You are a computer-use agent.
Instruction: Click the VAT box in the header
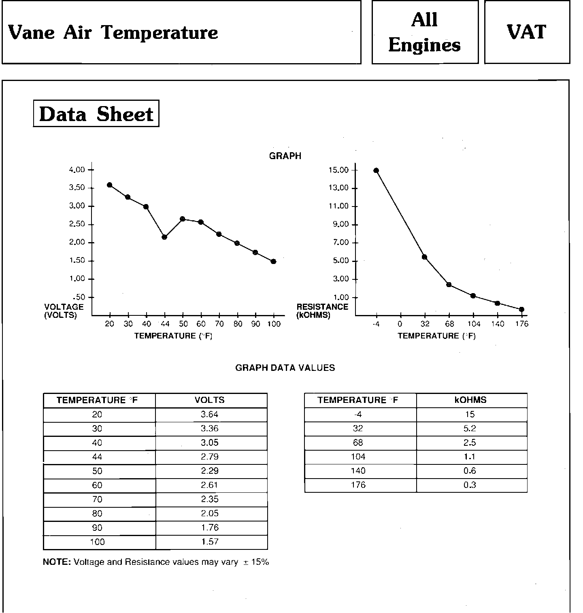(527, 32)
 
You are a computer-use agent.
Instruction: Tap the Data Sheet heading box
(96, 114)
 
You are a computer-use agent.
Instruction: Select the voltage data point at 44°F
(164, 237)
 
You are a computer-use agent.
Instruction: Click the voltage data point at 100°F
(274, 262)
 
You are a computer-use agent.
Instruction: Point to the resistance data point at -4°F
(376, 170)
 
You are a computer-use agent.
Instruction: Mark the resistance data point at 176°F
(522, 310)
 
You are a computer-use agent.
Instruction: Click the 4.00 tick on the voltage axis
(77, 170)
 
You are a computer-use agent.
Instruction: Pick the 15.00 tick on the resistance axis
(338, 170)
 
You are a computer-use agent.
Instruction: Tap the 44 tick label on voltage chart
(165, 324)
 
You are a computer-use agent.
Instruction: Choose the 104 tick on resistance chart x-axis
(474, 324)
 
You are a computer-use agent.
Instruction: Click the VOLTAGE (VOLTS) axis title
(64, 311)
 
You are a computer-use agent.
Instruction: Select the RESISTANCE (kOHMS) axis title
(322, 311)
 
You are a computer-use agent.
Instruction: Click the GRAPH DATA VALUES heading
(285, 368)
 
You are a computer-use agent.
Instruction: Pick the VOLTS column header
(209, 400)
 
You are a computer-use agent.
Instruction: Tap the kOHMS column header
(470, 400)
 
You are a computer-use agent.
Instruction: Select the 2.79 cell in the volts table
(210, 457)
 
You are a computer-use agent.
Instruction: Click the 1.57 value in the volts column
(210, 542)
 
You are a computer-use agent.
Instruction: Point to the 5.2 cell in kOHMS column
(470, 428)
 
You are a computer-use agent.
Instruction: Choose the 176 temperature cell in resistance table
(358, 485)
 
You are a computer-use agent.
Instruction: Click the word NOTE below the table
(57, 562)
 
